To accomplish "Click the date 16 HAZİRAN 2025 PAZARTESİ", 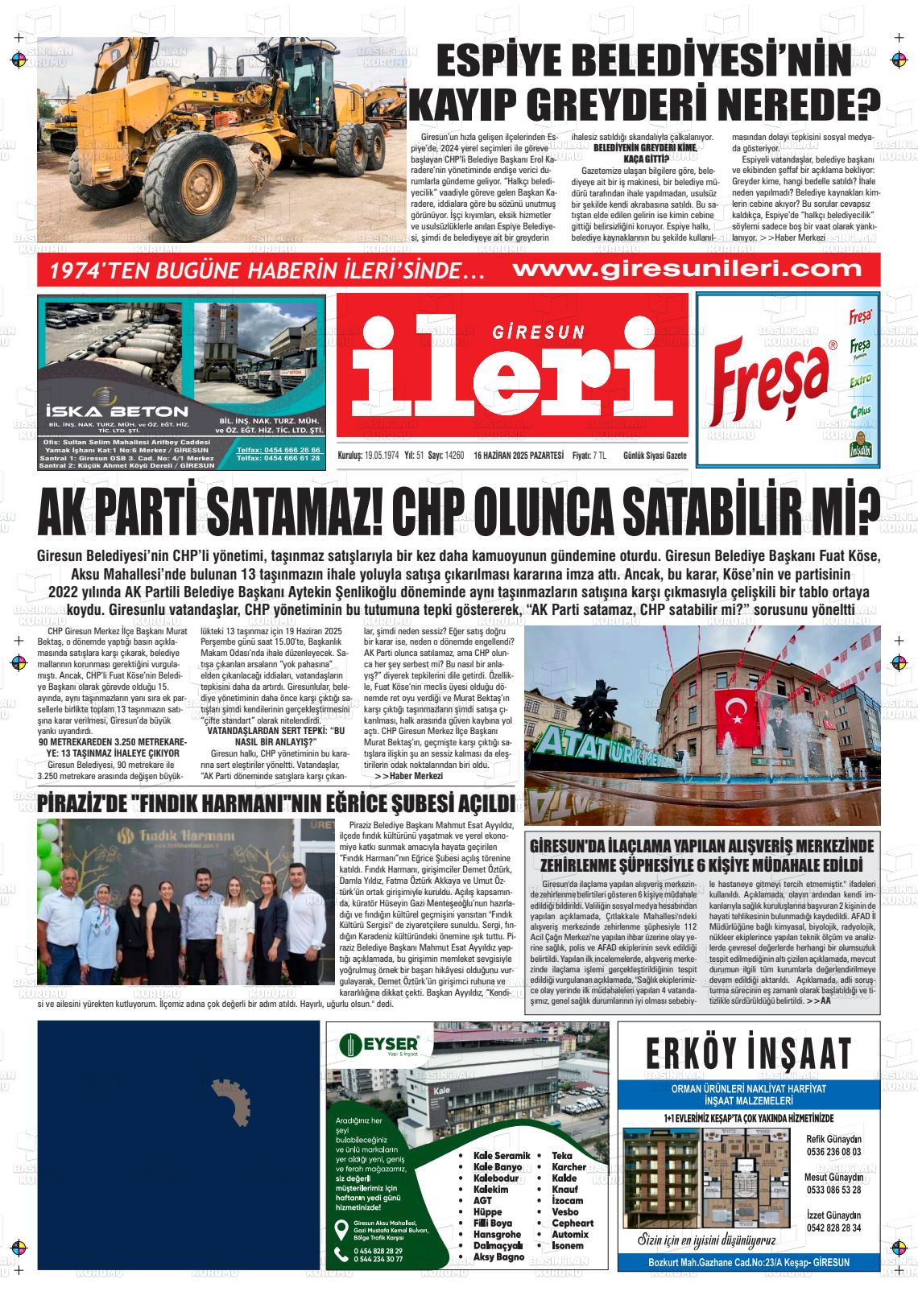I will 519,455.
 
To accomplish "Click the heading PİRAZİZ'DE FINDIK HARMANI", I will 275,803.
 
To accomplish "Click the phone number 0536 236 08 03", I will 833,1151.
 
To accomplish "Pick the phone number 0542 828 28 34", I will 833,1228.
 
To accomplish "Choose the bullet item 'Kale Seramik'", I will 502,1156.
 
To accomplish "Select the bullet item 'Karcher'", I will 569,1167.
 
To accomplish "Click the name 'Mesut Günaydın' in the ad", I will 833,1178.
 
